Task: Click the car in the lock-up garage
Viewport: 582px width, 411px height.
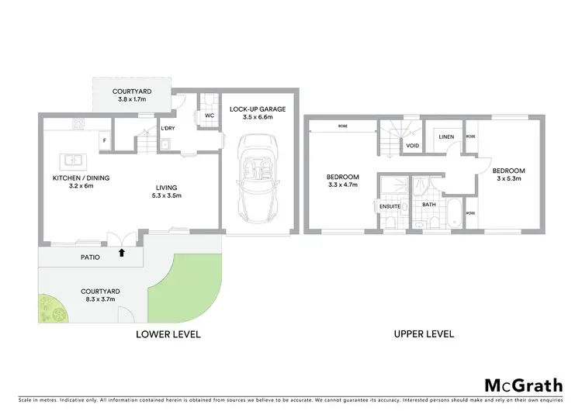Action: [257, 176]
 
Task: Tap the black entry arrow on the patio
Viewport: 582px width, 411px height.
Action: [121, 252]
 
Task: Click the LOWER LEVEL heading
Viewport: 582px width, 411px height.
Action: [168, 334]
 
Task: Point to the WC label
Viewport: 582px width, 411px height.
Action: [209, 116]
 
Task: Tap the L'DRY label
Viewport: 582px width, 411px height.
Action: [168, 128]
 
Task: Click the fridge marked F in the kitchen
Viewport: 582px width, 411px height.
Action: [104, 140]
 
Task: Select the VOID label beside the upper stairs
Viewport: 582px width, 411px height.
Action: [413, 144]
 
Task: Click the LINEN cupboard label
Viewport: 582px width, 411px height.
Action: [445, 137]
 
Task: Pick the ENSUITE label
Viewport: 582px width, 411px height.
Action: [390, 205]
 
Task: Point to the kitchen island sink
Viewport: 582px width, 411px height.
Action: [73, 161]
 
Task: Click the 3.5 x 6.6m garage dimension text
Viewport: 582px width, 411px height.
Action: [257, 118]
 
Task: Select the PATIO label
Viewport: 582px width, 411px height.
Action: [92, 257]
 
